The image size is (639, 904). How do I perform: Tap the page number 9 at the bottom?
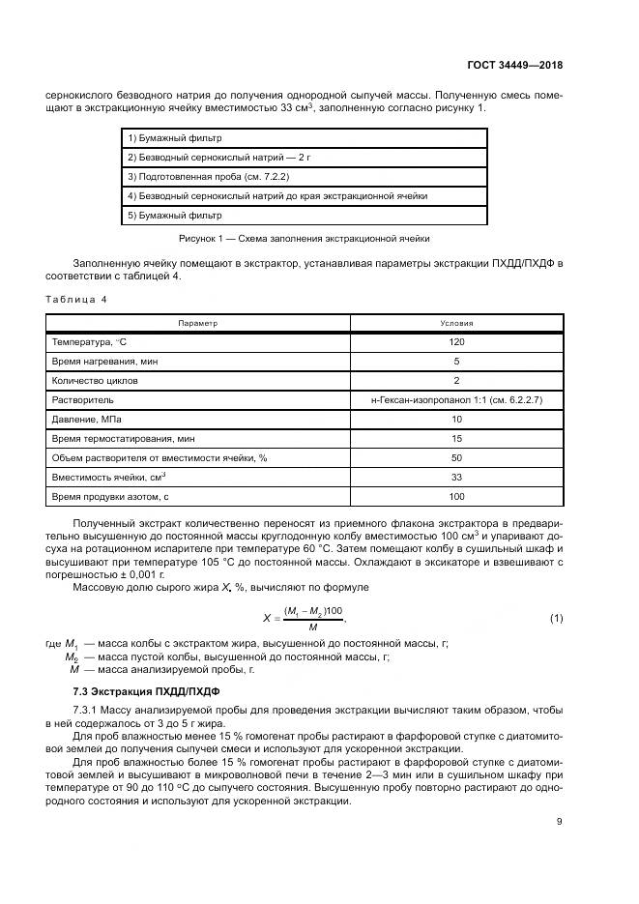(560, 822)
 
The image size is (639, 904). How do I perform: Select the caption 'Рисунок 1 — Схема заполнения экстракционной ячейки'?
(305, 237)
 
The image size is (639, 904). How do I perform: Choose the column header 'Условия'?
(456, 323)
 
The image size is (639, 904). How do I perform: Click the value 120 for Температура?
(456, 341)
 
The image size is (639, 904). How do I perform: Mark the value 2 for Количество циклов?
(456, 380)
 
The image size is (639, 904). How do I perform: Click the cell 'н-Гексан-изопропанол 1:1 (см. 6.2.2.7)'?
(456, 399)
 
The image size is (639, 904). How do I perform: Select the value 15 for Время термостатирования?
(456, 438)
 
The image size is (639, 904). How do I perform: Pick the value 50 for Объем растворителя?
(456, 457)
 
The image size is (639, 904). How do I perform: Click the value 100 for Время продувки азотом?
(456, 496)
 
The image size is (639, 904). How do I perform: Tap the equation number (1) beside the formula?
(556, 618)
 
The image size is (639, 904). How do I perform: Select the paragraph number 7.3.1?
(87, 711)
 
